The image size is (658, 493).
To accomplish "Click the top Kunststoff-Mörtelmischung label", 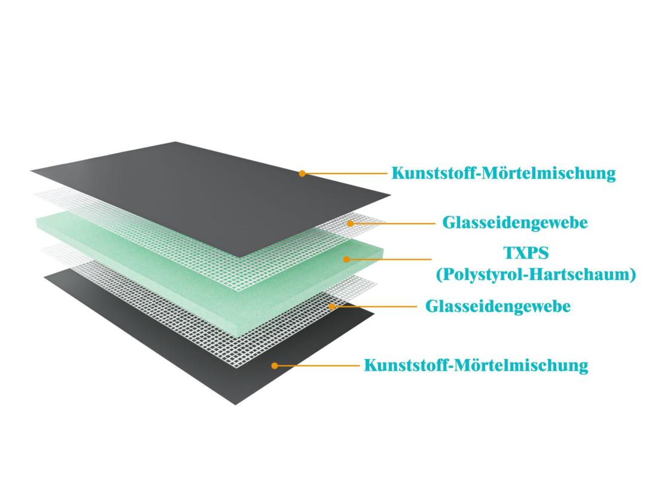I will point(503,174).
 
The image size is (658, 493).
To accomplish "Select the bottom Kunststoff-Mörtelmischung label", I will point(476,365).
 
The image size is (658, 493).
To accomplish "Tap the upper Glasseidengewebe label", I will point(515,223).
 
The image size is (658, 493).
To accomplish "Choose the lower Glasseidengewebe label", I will point(498,306).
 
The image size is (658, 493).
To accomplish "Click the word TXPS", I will point(525,253).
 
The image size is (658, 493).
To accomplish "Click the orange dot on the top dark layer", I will point(303,174).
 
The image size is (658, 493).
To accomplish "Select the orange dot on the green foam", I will point(346,259).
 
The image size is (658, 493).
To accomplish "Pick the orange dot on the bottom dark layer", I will point(275,365).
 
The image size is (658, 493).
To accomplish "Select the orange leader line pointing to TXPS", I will point(389,259).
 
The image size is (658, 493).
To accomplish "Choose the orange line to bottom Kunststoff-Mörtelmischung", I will point(318,365).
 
